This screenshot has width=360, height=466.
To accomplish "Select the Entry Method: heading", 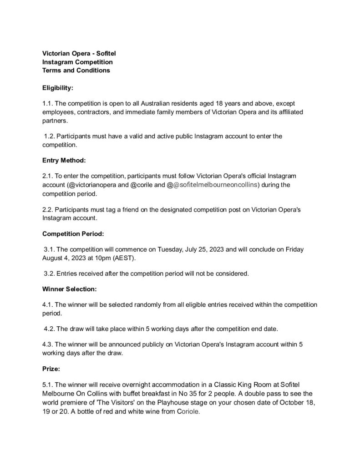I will click(64, 160).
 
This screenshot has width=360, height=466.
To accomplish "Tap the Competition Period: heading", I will click(73, 233).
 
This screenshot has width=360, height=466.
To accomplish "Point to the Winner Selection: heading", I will click(69, 289).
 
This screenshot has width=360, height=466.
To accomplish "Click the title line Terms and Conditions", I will click(76, 71).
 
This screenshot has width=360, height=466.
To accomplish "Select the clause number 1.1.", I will click(47, 104).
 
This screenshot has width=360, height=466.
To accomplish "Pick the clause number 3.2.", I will click(49, 274).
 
